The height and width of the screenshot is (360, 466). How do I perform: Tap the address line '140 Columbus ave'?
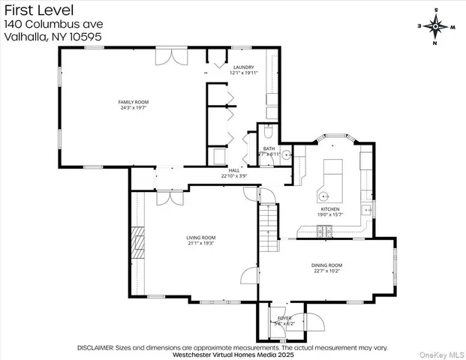(x=53, y=24)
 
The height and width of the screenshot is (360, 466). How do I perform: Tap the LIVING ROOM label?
(x=201, y=237)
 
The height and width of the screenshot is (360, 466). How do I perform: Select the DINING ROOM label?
(x=326, y=265)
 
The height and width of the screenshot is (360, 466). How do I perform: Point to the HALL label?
(x=233, y=170)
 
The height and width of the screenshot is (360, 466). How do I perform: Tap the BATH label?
(x=269, y=148)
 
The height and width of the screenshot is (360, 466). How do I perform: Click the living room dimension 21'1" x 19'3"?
(x=201, y=243)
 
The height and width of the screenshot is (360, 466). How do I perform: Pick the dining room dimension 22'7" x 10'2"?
(x=326, y=271)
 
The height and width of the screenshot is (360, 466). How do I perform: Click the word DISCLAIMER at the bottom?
(x=95, y=347)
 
